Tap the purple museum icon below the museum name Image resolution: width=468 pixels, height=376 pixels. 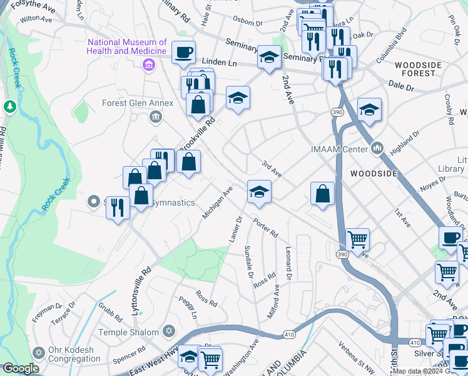pyautogui.click(x=149, y=64)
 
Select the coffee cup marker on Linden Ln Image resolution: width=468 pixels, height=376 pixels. pyautogui.click(x=183, y=53)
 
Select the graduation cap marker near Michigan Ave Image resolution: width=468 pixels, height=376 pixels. pyautogui.click(x=259, y=192)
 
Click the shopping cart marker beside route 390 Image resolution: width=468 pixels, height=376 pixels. pyautogui.click(x=357, y=239)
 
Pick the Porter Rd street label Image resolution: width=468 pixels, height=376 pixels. pyautogui.click(x=265, y=227)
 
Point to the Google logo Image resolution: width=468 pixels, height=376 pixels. pyautogui.click(x=21, y=368)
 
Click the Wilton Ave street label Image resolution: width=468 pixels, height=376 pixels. pyautogui.click(x=36, y=19)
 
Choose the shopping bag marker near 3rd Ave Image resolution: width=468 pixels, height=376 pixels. pyautogui.click(x=322, y=194)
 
